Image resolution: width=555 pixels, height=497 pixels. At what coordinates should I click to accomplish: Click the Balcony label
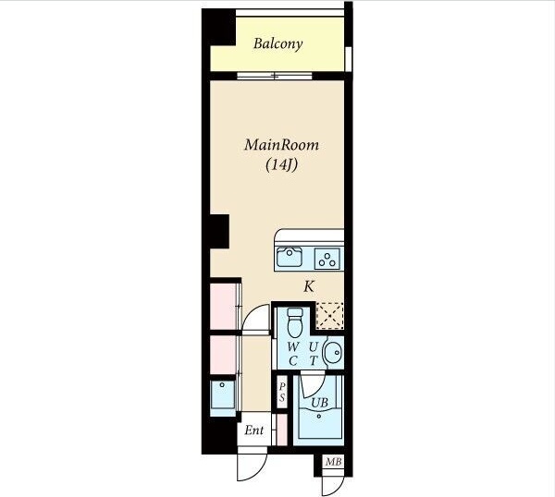pos(277,43)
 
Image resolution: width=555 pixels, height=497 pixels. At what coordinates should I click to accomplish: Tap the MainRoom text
pos(281,145)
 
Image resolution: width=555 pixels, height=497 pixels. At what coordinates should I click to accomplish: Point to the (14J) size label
pos(281,164)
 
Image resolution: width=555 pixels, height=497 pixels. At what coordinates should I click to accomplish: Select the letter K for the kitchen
pos(309,286)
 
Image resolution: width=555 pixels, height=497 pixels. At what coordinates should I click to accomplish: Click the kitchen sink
pos(290,257)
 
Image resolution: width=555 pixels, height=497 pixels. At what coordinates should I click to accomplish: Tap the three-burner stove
pos(327,259)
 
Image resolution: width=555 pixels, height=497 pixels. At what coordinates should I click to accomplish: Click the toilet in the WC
pos(295,322)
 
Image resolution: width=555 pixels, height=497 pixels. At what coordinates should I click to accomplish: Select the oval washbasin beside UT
pos(332,352)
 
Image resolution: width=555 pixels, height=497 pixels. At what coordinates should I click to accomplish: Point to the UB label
pos(319,402)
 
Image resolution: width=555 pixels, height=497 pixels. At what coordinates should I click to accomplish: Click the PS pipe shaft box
pos(282,392)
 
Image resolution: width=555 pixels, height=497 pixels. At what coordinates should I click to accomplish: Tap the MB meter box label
pos(333,462)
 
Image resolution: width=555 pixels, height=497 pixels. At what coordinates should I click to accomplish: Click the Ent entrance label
pos(254,430)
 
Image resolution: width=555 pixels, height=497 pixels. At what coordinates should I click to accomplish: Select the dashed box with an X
pos(329,316)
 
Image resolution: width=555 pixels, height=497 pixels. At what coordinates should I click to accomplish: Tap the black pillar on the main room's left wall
pos(220,232)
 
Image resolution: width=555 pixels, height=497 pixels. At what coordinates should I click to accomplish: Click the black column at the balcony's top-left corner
pos(218,27)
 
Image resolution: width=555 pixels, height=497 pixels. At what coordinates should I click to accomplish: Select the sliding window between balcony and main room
pos(275,76)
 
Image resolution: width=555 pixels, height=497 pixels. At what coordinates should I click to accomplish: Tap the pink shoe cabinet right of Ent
pos(281,430)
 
